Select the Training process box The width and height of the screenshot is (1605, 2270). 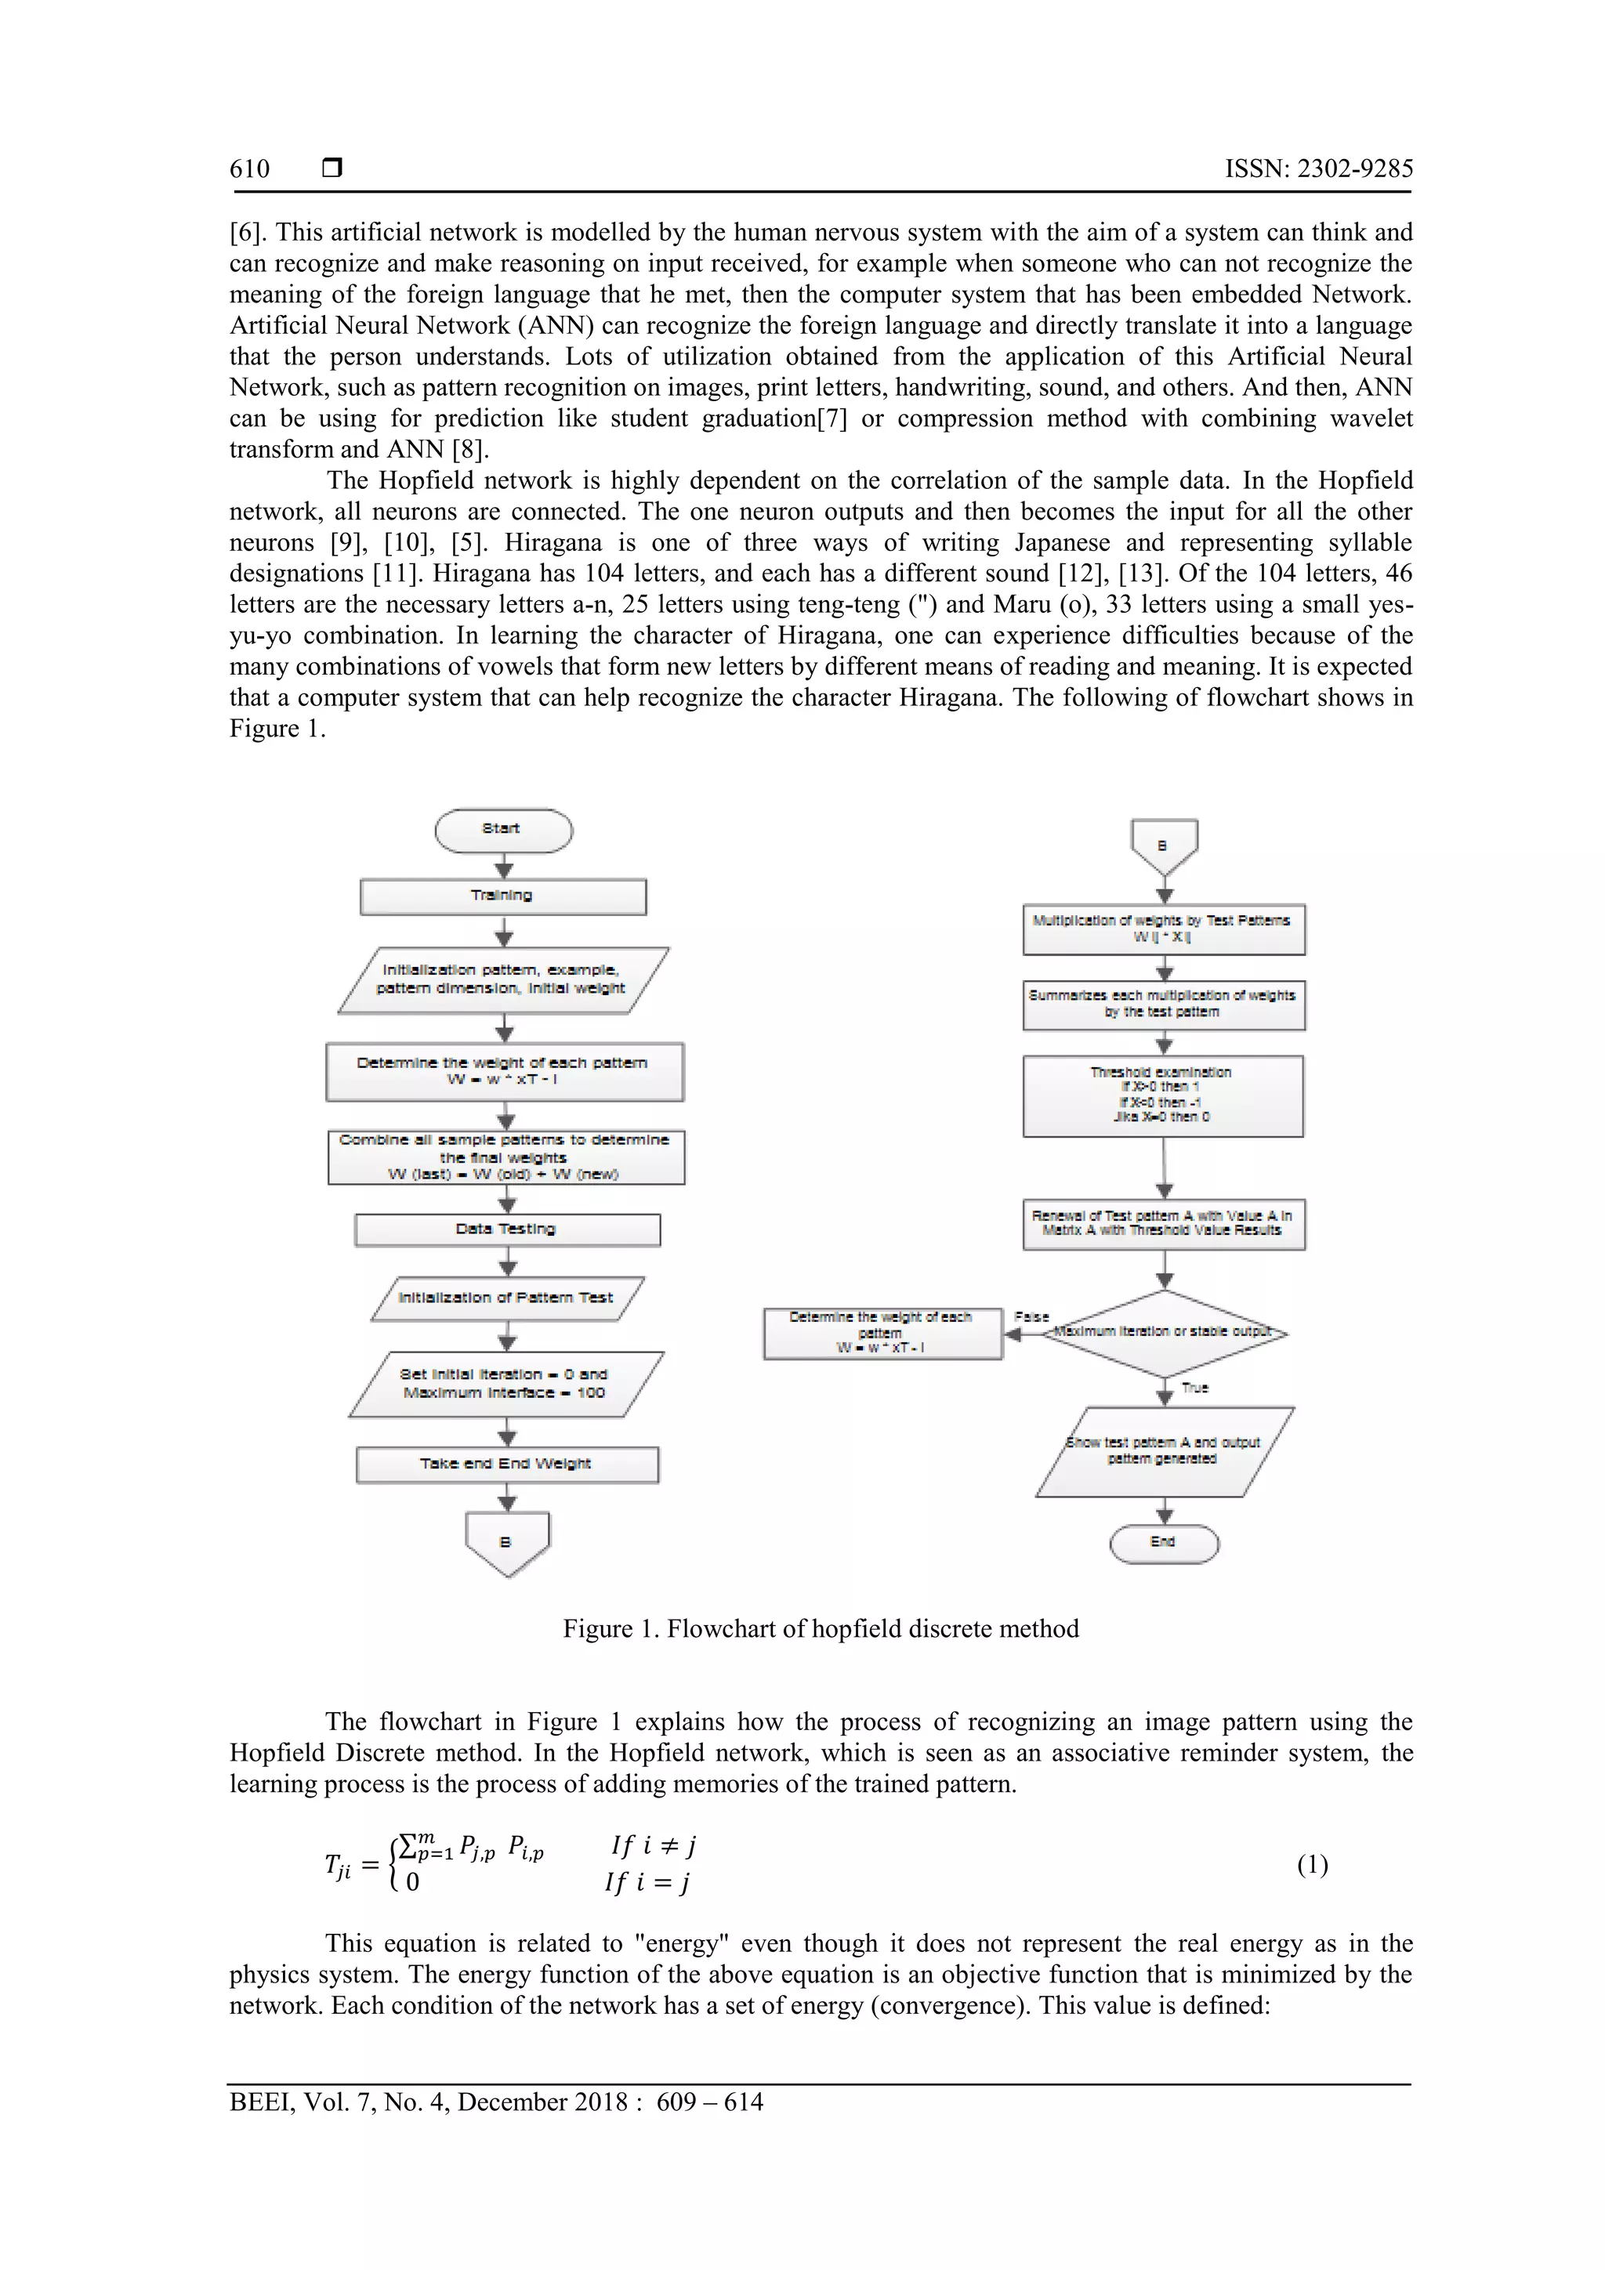[502, 896]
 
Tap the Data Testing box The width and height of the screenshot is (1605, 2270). [506, 1229]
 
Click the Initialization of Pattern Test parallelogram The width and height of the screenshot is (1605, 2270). [506, 1298]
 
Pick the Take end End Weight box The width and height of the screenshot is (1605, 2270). [506, 1464]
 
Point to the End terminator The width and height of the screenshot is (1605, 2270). [1163, 1542]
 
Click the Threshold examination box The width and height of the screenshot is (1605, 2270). [1163, 1095]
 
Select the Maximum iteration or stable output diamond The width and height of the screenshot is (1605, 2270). [1164, 1332]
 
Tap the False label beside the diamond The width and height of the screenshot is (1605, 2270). [1031, 1317]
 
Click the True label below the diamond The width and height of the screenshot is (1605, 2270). [1194, 1388]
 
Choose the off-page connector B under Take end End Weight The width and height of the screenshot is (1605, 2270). [506, 1542]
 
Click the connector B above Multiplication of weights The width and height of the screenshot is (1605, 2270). [1163, 846]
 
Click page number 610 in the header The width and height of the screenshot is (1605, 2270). [249, 169]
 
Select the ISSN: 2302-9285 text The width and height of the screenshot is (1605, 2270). [1318, 169]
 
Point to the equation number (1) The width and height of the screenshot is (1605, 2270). [1312, 1865]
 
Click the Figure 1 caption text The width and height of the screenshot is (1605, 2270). [821, 1628]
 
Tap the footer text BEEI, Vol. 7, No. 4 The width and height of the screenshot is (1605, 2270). [495, 2101]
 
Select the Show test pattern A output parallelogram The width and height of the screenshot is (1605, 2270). [1163, 1451]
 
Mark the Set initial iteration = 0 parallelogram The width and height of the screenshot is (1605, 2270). [505, 1384]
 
